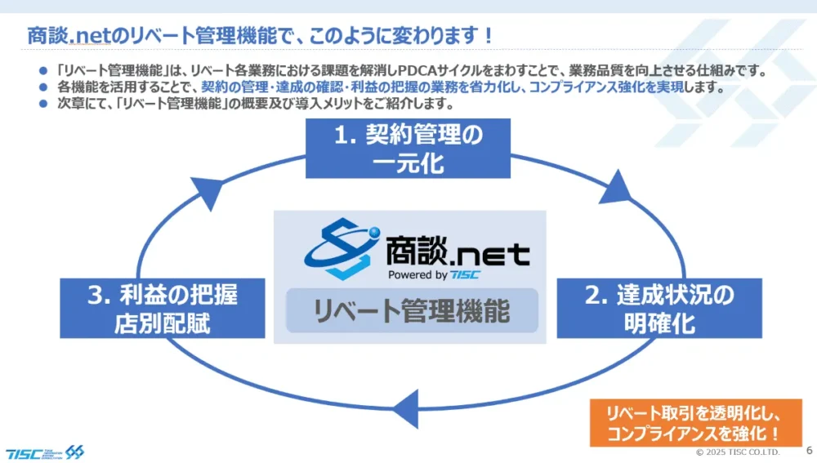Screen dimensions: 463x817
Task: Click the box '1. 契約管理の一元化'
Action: click(408, 148)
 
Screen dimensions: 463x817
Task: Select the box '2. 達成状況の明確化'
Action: click(659, 308)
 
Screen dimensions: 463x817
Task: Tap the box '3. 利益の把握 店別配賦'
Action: click(163, 308)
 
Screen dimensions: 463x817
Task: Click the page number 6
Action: click(808, 450)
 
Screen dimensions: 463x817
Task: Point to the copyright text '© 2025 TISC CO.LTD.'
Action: click(737, 452)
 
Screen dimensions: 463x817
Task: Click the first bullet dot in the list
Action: click(44, 71)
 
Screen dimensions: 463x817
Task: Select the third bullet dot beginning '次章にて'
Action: click(44, 105)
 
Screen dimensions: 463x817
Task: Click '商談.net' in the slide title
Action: click(78, 36)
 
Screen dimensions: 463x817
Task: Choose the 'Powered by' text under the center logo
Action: click(417, 274)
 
